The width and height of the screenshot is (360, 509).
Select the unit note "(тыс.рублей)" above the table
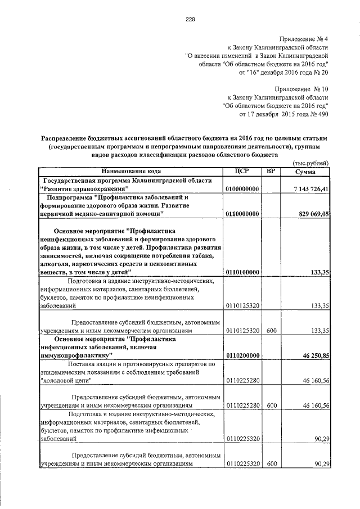(310, 163)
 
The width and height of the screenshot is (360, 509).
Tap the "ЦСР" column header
(242, 171)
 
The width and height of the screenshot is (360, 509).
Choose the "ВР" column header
(270, 171)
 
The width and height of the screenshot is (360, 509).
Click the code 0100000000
(242, 190)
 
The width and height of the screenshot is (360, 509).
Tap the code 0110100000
(242, 272)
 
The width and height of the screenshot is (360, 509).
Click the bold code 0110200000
(242, 356)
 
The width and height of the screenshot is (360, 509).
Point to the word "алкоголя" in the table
(56, 264)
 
